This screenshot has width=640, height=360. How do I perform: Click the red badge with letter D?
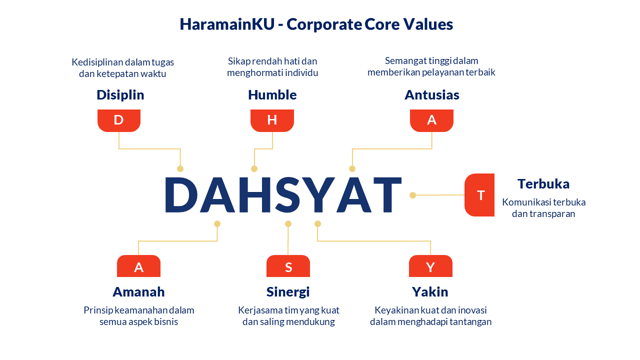click(119, 120)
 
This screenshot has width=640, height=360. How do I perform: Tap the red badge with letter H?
click(272, 120)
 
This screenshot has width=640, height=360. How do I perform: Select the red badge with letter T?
click(479, 195)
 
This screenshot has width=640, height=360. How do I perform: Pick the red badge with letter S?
click(288, 266)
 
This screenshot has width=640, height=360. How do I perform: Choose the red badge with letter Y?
click(430, 266)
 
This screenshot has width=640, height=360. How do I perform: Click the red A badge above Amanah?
click(138, 266)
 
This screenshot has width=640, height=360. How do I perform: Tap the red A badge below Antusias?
click(431, 120)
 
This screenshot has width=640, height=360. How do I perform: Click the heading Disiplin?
click(120, 95)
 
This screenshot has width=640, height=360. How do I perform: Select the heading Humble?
click(272, 95)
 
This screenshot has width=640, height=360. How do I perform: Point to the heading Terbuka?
click(543, 184)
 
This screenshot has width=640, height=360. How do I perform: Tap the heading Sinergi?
click(288, 292)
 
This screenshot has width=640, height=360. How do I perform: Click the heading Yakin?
click(430, 292)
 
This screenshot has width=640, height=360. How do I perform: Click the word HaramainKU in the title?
click(227, 24)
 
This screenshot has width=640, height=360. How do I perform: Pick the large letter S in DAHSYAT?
click(287, 195)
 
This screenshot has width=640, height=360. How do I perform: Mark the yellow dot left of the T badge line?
click(412, 195)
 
